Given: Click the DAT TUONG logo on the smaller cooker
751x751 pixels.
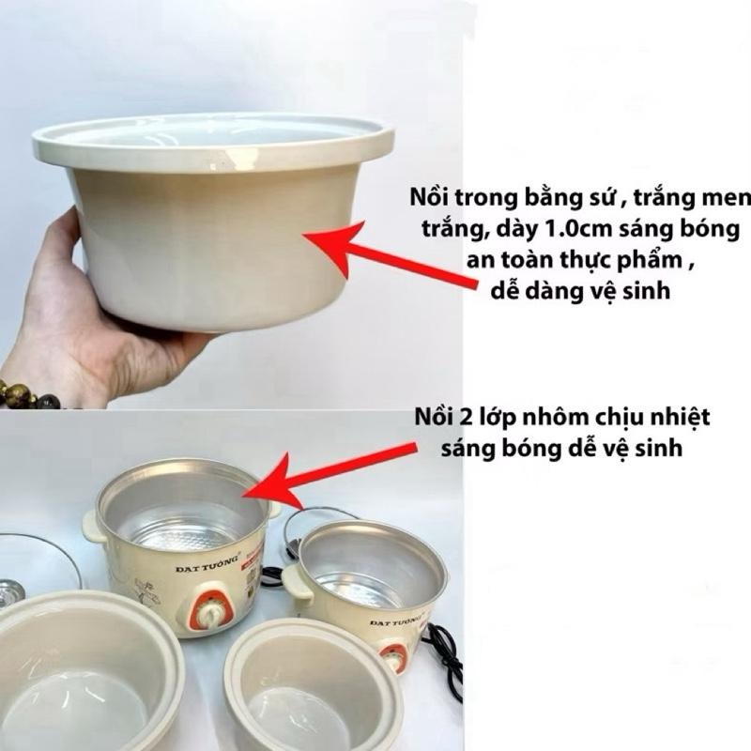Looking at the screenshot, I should (393, 621).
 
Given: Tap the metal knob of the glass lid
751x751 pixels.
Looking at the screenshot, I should (9, 591).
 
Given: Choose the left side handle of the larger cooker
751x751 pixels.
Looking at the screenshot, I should (94, 526).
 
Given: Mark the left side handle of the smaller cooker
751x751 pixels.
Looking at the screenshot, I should (297, 583).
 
